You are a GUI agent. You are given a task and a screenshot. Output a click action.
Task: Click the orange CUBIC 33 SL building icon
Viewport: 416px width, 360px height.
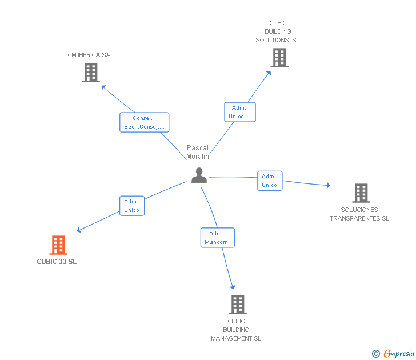pyautogui.click(x=58, y=245)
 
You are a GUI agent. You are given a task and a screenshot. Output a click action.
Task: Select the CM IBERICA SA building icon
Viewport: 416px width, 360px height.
pyautogui.click(x=90, y=73)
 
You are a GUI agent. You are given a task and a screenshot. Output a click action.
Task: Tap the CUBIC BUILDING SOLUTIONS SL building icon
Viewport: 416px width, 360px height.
pyautogui.click(x=279, y=58)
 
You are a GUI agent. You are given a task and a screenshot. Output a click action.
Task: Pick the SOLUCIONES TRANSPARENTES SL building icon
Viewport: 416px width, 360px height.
pyautogui.click(x=361, y=193)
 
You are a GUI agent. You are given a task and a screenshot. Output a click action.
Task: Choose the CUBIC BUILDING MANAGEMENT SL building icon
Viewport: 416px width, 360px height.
pyautogui.click(x=237, y=304)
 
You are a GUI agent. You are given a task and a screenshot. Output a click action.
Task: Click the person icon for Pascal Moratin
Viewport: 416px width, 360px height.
pyautogui.click(x=199, y=175)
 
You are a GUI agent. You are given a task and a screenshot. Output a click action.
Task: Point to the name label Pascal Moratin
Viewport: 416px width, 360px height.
pyautogui.click(x=198, y=152)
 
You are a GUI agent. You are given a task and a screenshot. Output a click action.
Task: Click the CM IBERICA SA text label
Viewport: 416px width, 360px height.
pyautogui.click(x=89, y=55)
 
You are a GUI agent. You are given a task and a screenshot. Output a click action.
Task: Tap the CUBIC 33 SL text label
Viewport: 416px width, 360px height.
pyautogui.click(x=57, y=262)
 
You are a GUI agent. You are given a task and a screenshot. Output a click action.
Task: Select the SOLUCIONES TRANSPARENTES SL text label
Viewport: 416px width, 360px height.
pyautogui.click(x=359, y=214)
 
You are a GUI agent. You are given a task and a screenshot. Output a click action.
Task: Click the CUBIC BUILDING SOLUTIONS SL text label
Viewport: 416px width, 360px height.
pyautogui.click(x=277, y=31)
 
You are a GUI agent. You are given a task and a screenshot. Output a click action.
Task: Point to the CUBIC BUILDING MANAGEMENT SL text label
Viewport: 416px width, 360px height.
pyautogui.click(x=236, y=330)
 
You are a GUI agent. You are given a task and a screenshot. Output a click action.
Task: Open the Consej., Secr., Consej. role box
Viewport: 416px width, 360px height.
pyautogui.click(x=144, y=122)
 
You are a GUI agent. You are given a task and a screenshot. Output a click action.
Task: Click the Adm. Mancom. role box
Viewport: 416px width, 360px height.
pyautogui.click(x=217, y=238)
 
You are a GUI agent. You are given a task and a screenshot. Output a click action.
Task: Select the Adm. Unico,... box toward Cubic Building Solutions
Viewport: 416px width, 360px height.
pyautogui.click(x=239, y=112)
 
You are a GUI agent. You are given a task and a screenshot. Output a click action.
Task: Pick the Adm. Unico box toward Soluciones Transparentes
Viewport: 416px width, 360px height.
pyautogui.click(x=269, y=181)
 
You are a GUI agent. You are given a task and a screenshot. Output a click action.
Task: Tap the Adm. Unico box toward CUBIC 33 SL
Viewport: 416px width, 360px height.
pyautogui.click(x=131, y=206)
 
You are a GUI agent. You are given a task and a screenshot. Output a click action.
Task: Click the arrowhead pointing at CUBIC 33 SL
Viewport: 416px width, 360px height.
pyautogui.click(x=79, y=230)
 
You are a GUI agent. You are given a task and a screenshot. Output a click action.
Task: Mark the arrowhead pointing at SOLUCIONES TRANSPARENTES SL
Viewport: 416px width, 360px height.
pyautogui.click(x=328, y=185)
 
